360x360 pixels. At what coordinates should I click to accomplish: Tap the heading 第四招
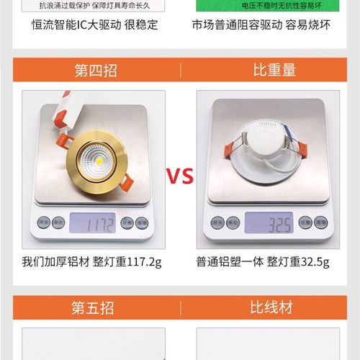[x=95, y=71]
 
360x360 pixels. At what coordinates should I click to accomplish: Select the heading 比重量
[x=274, y=71]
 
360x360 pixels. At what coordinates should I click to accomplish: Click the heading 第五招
[x=92, y=308]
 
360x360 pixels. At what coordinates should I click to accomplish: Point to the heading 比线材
[x=271, y=308]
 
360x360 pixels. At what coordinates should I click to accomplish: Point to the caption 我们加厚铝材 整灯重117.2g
[x=94, y=261]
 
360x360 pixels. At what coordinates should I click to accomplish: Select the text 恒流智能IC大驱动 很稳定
[x=94, y=24]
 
